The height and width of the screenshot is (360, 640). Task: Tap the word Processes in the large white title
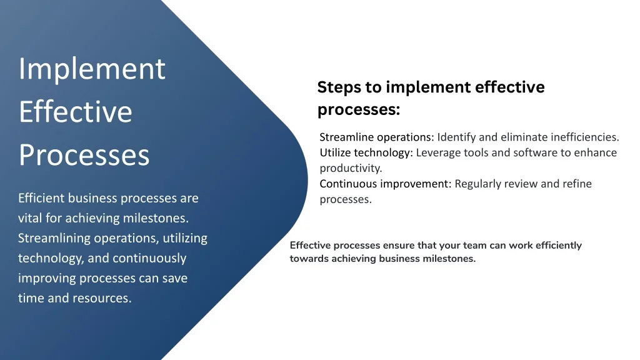(84, 155)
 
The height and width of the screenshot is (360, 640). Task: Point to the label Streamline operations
(377, 137)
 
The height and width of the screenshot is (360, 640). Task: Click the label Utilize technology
(366, 153)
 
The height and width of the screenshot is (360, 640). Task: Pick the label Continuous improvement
(386, 184)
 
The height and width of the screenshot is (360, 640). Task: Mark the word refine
(577, 184)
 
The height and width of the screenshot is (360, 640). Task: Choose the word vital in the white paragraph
(30, 218)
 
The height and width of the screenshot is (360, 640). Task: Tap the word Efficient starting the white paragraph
(41, 198)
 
